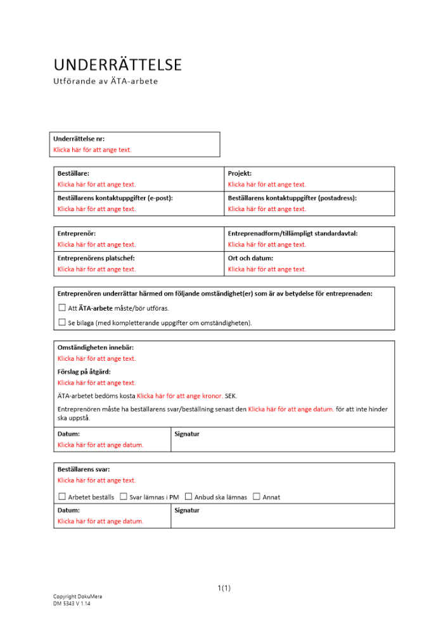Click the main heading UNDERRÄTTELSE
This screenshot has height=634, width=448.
[117, 65]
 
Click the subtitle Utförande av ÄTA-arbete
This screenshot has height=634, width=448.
[105, 82]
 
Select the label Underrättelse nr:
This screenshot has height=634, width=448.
[79, 139]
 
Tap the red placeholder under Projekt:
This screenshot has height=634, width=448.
[267, 184]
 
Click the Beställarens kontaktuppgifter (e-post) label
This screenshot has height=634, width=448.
[115, 198]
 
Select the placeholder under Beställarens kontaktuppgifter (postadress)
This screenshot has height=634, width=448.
[267, 209]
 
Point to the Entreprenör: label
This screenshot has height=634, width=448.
[76, 233]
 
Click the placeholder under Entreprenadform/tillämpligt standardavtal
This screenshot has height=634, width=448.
[267, 244]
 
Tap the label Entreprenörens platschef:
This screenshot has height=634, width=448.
[96, 258]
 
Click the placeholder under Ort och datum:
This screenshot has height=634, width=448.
[267, 269]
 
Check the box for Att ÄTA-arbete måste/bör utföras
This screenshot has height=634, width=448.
[62, 308]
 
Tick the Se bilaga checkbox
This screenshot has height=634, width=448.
[62, 323]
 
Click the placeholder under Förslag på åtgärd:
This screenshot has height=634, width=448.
[96, 383]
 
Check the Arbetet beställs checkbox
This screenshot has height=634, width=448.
[62, 497]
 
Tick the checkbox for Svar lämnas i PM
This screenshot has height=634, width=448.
[124, 497]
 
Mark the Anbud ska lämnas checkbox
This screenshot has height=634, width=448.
[188, 497]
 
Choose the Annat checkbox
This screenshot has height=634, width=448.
[257, 497]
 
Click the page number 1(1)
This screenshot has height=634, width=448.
[224, 588]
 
